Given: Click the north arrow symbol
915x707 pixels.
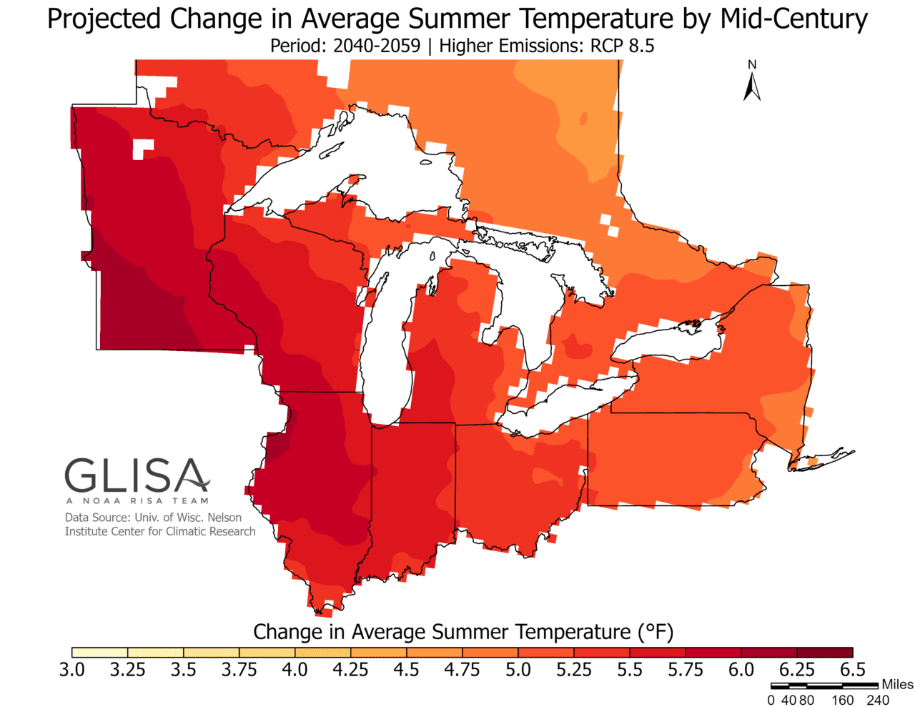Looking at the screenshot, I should pyautogui.click(x=751, y=88).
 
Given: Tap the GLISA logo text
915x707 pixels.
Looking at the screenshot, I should pyautogui.click(x=137, y=476).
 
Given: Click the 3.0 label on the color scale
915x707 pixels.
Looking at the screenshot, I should pyautogui.click(x=71, y=670).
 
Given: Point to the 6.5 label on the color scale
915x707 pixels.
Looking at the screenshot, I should pyautogui.click(x=851, y=670).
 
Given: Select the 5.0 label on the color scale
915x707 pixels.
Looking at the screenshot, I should pyautogui.click(x=518, y=670).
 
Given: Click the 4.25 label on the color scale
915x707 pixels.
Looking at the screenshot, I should pyautogui.click(x=350, y=670).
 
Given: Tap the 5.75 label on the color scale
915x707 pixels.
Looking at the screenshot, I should pyautogui.click(x=686, y=670).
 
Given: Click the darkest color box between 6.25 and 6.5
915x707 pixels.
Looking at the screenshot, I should pyautogui.click(x=825, y=652).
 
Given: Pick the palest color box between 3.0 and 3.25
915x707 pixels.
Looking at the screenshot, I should pyautogui.click(x=99, y=652).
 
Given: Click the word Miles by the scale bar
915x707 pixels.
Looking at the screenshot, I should pyautogui.click(x=897, y=684).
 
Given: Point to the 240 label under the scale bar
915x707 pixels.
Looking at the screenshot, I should pyautogui.click(x=878, y=700).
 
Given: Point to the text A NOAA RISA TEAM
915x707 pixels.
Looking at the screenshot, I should pyautogui.click(x=137, y=500).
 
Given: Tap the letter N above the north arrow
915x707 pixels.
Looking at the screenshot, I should pyautogui.click(x=752, y=65).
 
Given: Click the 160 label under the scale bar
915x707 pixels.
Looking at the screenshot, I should pyautogui.click(x=842, y=700).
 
